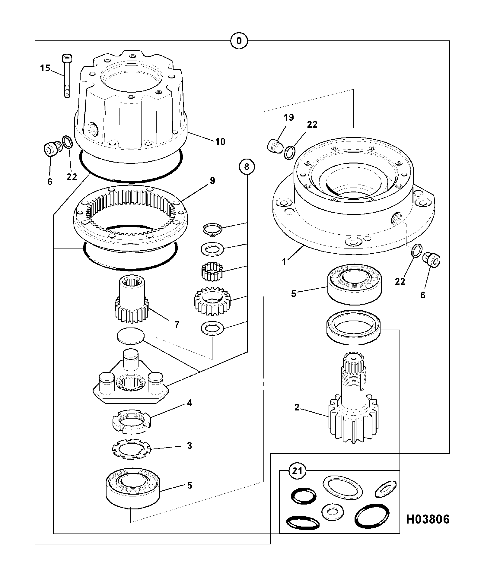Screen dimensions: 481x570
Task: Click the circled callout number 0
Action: click(x=239, y=41)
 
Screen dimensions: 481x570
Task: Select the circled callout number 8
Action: click(x=247, y=166)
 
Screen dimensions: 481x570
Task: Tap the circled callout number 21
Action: click(x=297, y=470)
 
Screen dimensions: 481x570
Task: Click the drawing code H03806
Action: click(x=428, y=519)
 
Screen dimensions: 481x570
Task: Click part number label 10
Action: click(x=221, y=141)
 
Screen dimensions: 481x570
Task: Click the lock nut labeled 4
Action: click(x=131, y=420)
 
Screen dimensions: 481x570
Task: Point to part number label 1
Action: click(x=284, y=262)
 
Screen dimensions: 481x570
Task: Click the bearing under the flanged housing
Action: click(x=355, y=283)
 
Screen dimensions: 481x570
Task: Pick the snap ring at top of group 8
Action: click(x=212, y=229)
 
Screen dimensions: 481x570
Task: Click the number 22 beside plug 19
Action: click(x=312, y=125)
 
